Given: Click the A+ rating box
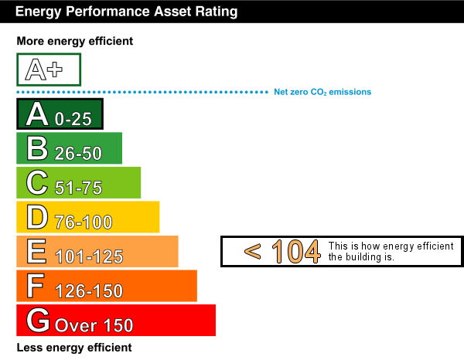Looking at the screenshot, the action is point(49,70).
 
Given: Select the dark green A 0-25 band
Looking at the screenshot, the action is point(60,114).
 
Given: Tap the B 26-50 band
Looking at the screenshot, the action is point(70,148).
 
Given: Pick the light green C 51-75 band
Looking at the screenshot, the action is point(79,182).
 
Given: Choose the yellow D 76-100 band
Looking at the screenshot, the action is point(88,217).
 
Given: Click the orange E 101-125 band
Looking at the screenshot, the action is point(97,251).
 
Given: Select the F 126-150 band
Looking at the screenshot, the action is point(107,286).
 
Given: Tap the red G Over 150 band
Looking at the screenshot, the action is point(116,320).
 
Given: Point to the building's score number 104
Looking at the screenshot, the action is point(296,252).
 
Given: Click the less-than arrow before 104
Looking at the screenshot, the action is point(252,252).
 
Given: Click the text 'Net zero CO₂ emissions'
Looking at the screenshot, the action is point(322,92).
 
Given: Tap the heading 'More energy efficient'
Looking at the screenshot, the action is point(75,41).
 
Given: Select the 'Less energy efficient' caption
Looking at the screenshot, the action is point(74,348).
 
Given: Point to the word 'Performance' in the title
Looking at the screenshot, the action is point(108,12).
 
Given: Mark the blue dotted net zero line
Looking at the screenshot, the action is point(142,92).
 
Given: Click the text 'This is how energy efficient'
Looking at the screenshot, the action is point(391,246).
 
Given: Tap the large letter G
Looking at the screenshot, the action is point(38,320).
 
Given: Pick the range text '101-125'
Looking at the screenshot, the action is point(89,256).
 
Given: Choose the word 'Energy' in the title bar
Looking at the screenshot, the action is point(39,12).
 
